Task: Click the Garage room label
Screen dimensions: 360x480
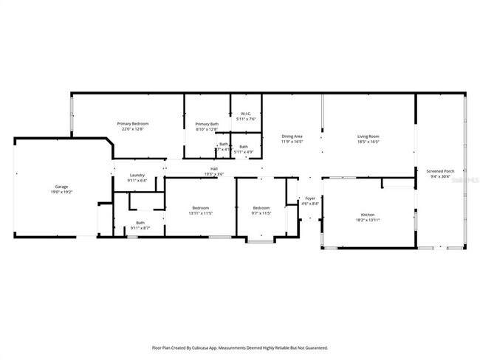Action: click(x=61, y=187)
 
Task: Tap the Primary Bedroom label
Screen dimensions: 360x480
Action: click(x=133, y=123)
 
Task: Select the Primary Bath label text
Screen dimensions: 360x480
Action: click(x=207, y=124)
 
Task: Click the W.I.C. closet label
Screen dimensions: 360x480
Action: click(x=246, y=114)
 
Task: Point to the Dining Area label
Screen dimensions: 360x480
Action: click(x=292, y=136)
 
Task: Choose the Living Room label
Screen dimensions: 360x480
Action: click(x=368, y=136)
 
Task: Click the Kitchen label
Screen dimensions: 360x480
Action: click(x=368, y=214)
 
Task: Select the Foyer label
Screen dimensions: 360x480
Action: click(x=311, y=198)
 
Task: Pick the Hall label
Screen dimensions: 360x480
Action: click(x=214, y=169)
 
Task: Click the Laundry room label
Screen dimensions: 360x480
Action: click(x=137, y=175)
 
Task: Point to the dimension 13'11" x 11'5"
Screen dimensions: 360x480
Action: click(x=201, y=213)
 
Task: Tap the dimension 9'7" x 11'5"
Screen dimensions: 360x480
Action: click(x=261, y=213)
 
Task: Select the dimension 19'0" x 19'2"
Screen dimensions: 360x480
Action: click(x=61, y=192)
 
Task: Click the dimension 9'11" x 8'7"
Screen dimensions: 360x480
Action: click(x=140, y=228)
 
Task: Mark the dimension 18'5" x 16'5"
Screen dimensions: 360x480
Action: click(x=368, y=141)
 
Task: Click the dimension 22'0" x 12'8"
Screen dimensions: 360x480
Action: click(x=133, y=128)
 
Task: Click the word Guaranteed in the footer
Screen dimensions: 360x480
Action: click(x=313, y=347)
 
